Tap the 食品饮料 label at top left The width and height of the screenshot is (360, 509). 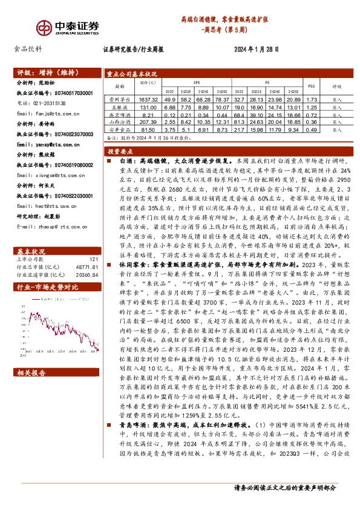click(28, 50)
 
